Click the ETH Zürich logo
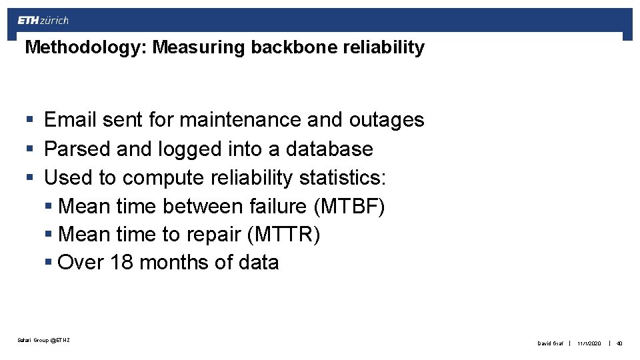[x=43, y=20]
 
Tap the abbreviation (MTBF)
[x=349, y=207]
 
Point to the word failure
[x=278, y=207]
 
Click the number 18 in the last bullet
[x=122, y=263]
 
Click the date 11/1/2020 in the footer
[x=589, y=343]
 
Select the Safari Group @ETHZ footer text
[x=43, y=341]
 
